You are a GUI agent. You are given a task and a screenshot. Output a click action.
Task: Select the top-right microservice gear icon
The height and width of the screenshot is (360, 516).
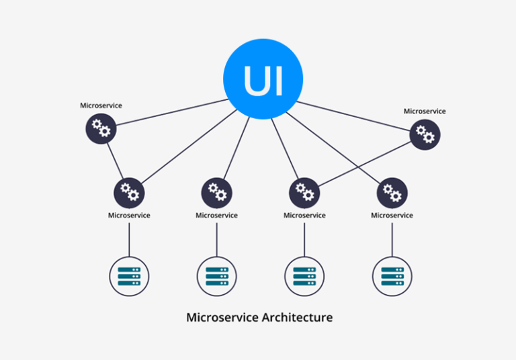(425, 134)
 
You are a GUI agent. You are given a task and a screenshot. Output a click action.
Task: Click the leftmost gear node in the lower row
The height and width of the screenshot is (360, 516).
(129, 193)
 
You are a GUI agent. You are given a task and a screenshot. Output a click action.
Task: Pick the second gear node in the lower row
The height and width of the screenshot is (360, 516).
(216, 193)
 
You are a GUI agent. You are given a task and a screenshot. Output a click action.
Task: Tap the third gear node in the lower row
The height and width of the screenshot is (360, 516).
(304, 193)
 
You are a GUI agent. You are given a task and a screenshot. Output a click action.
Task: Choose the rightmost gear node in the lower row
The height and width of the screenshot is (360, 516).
(392, 193)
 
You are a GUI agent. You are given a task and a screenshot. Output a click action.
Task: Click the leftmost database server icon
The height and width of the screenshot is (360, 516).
(129, 276)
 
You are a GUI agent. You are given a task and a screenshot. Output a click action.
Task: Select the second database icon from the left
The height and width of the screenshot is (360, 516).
(216, 276)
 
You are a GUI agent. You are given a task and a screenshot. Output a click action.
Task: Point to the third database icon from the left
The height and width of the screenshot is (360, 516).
(304, 276)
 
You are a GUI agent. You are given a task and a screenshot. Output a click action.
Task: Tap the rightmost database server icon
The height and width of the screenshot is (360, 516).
(392, 276)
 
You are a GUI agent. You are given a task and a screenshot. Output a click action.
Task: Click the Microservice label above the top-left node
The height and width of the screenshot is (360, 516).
(101, 105)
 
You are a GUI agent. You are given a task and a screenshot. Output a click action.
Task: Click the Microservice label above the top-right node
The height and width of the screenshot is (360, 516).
(425, 111)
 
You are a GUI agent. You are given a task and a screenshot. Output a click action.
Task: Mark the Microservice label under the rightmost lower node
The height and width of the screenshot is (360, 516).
(392, 216)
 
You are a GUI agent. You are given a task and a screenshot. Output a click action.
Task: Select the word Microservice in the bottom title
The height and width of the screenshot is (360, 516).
(221, 317)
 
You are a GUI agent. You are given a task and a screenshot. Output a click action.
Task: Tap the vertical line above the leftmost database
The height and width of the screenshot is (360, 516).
(129, 238)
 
